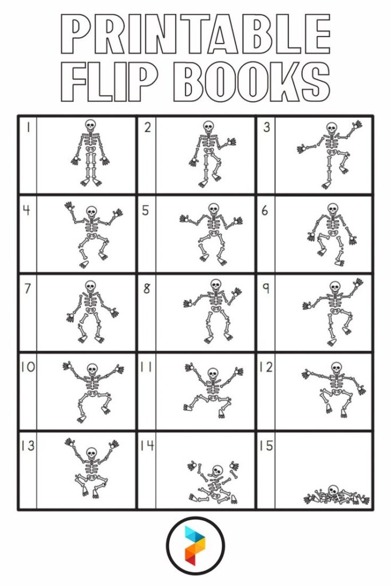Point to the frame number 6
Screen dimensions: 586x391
click(x=265, y=211)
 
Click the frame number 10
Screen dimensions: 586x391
click(x=27, y=367)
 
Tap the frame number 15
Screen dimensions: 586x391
click(x=265, y=446)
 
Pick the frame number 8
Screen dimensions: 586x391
click(x=147, y=289)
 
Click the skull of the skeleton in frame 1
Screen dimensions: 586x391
click(x=90, y=125)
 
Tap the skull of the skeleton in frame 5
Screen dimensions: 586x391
click(x=214, y=209)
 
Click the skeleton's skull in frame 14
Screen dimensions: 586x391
click(x=217, y=471)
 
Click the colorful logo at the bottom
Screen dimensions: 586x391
click(x=195, y=546)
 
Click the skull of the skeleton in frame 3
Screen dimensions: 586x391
click(x=331, y=129)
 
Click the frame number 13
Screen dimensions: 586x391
click(x=27, y=446)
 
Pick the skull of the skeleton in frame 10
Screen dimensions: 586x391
click(x=92, y=369)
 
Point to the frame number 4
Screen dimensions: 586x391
click(x=26, y=211)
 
